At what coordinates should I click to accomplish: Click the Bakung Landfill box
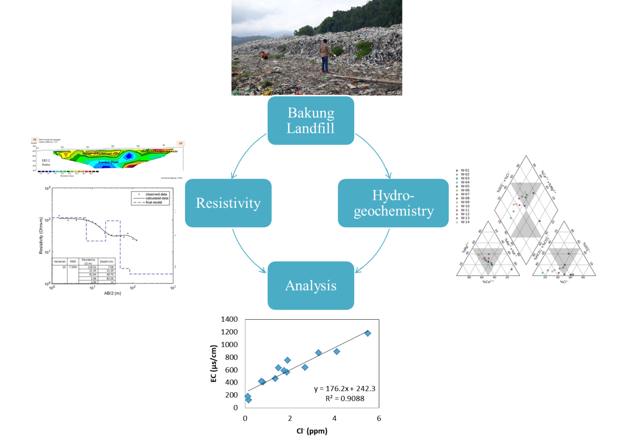[311, 120]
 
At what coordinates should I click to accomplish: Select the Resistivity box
[228, 203]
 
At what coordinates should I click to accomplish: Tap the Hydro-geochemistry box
[393, 203]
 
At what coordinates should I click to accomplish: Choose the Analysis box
[311, 285]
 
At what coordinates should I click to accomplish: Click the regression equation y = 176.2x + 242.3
[344, 389]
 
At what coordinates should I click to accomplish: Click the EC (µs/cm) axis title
[214, 363]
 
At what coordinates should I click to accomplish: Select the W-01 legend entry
[463, 170]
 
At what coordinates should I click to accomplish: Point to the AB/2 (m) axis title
[112, 293]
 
